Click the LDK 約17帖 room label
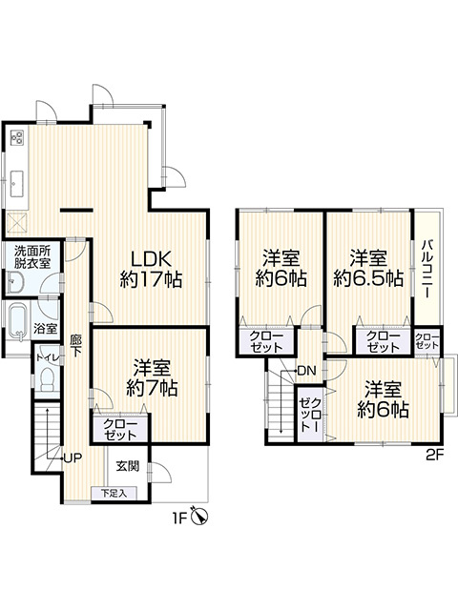pos(151,269)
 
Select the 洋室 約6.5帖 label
pos(366,268)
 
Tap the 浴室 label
pos(45,327)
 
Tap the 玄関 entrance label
pos(128,466)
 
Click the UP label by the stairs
pos(72,457)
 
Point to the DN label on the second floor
pos(306,370)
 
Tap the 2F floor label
pos(436,456)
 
